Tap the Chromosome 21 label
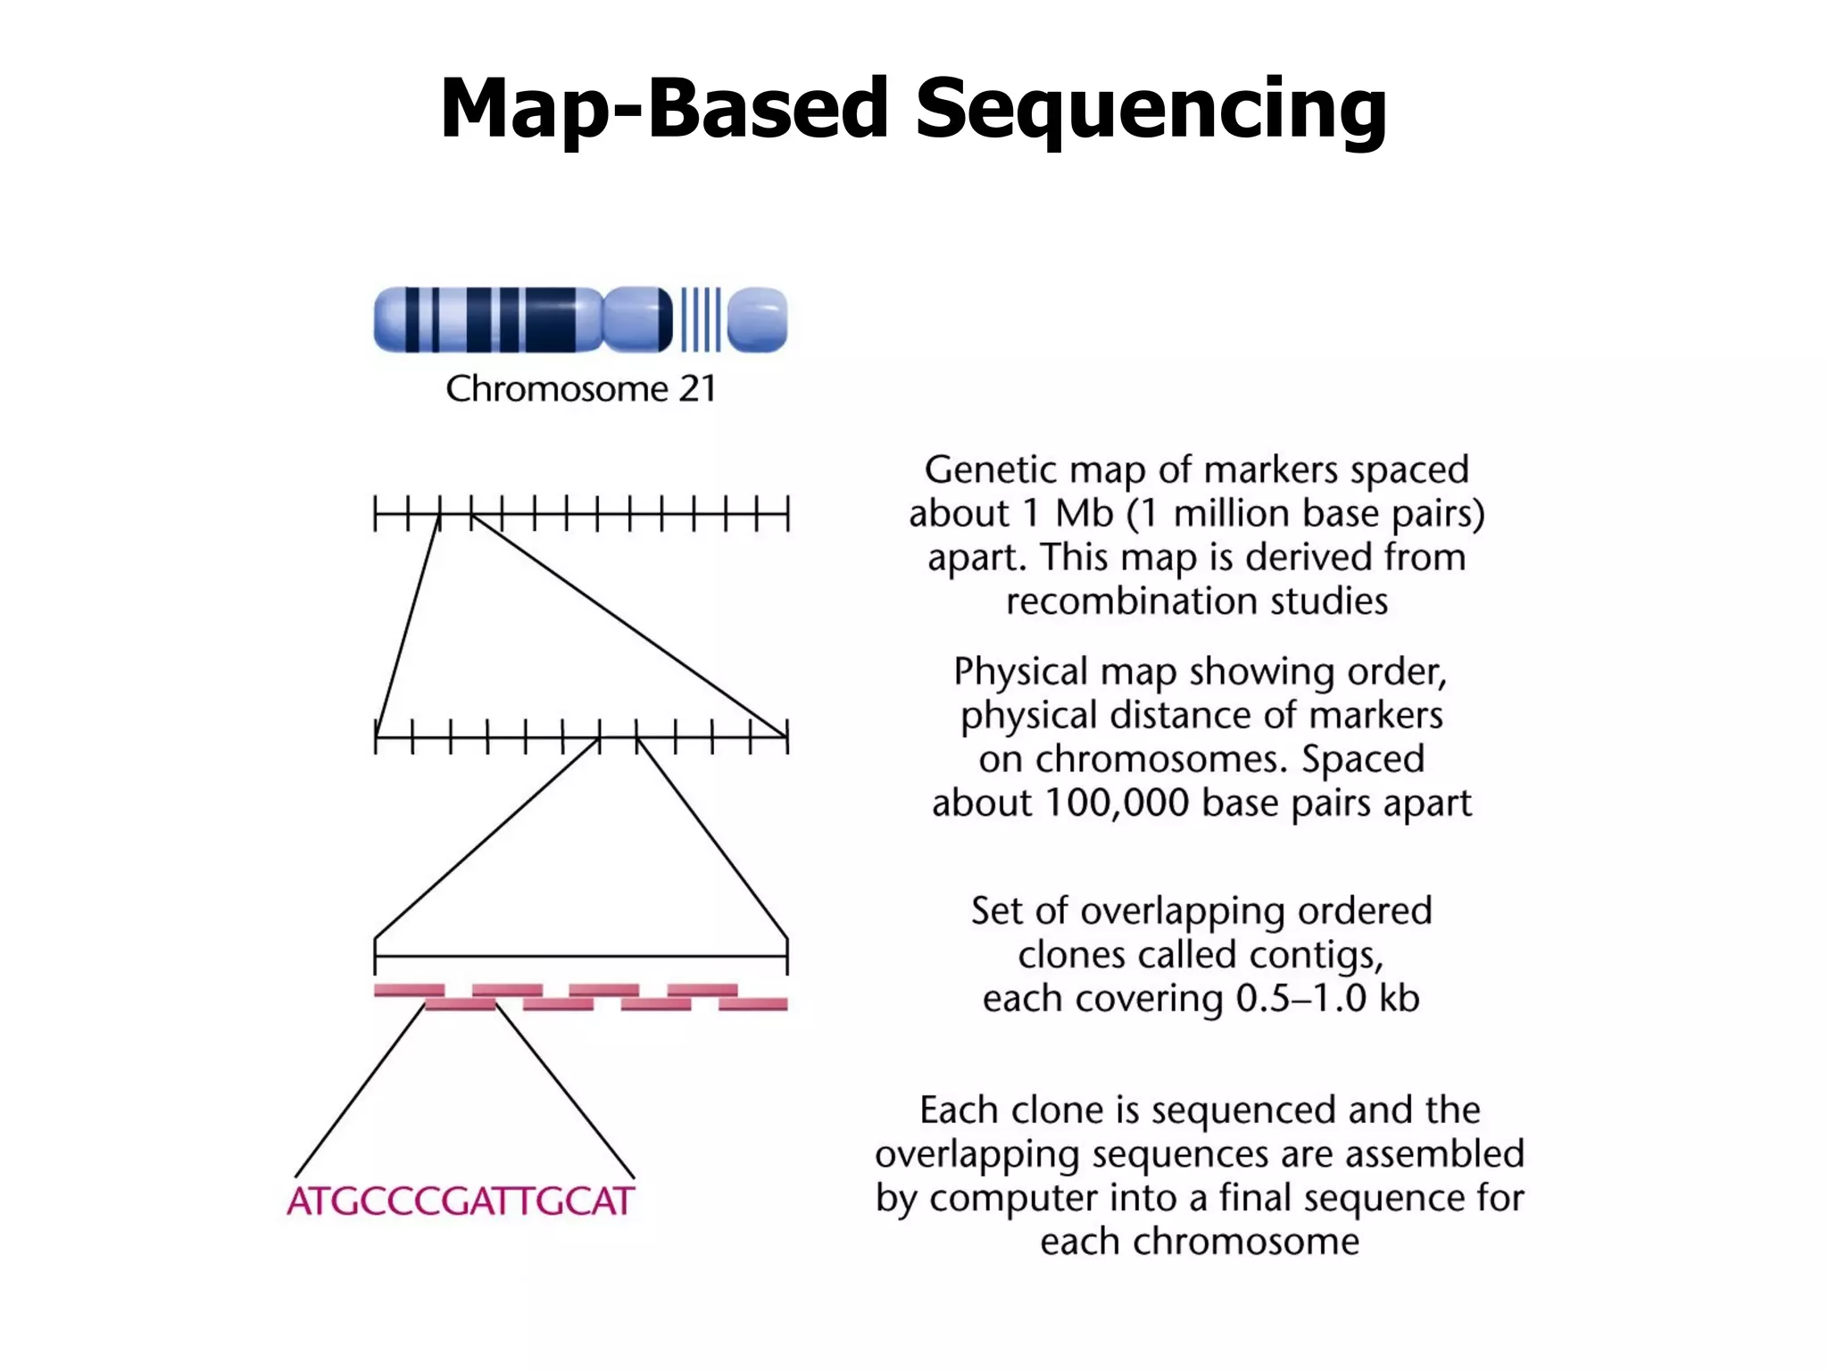coord(581,389)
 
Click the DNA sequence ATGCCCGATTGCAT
coord(461,1201)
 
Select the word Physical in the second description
coord(1020,671)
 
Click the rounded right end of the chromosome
coord(758,320)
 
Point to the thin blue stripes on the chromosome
coord(701,320)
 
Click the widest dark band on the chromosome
coord(551,320)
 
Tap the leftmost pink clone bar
coord(409,990)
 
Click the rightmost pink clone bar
coord(753,1005)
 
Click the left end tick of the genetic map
coord(375,515)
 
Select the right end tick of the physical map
coord(787,737)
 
